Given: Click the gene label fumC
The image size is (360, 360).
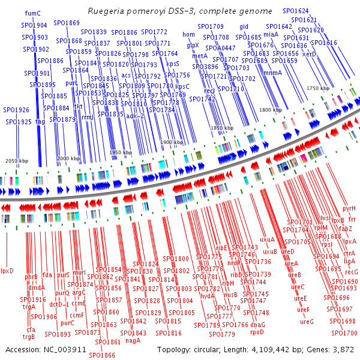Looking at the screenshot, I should click(x=33, y=13).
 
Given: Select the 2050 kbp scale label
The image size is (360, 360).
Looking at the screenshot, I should click(x=17, y=161).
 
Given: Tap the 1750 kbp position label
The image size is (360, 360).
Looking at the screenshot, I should click(x=318, y=88).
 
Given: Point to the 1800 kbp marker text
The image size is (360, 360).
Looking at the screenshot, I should click(x=271, y=110).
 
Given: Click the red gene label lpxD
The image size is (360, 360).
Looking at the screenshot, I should click(x=7, y=271).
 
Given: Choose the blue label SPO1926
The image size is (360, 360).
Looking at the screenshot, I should click(x=16, y=110).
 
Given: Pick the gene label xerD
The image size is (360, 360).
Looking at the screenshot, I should click(x=309, y=54).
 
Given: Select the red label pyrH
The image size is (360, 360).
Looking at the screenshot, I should click(x=349, y=208).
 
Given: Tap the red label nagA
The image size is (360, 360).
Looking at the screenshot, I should click(x=133, y=340).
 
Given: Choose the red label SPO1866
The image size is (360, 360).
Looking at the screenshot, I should click(x=102, y=355).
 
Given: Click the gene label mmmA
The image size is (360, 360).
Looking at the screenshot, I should click(x=273, y=73).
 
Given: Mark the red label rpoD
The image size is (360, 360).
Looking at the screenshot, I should click(x=257, y=332).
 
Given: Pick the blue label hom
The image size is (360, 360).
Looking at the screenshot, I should click(x=189, y=35).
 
